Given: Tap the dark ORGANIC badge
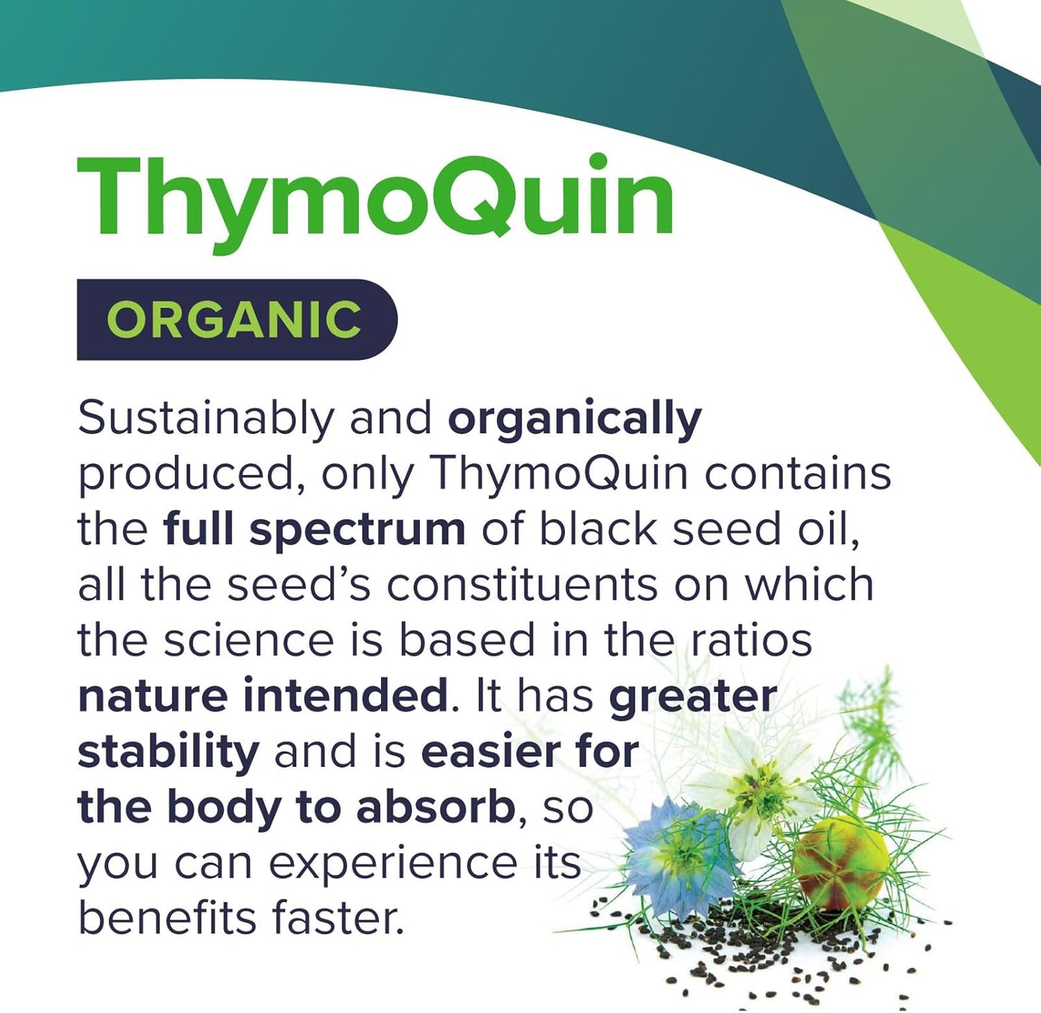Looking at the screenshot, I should (x=236, y=319).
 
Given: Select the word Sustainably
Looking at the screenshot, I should (x=206, y=419).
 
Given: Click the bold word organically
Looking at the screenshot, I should (x=574, y=419).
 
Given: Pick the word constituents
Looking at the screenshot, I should (x=522, y=584).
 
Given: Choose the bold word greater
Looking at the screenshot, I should (x=693, y=695).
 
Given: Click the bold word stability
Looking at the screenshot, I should (x=168, y=752).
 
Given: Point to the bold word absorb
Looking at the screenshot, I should (x=435, y=808).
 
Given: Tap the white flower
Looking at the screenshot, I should (x=753, y=788).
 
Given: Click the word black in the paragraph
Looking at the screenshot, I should (x=598, y=530).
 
